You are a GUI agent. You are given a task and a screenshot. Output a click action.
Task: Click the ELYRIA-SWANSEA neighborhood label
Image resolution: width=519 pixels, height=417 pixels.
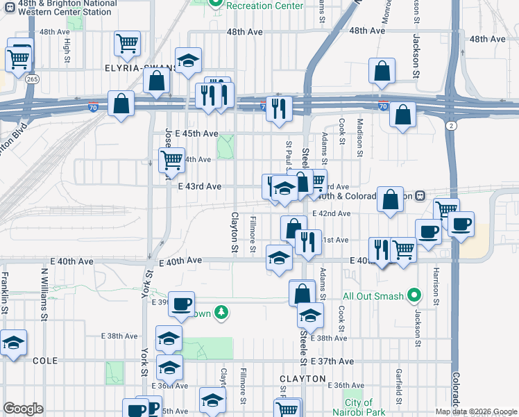click(139, 69)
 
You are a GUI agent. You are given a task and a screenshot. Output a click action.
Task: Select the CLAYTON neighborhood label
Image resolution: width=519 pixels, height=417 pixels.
click(303, 379)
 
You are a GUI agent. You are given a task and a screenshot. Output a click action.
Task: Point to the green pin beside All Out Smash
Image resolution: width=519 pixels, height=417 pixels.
click(415, 295)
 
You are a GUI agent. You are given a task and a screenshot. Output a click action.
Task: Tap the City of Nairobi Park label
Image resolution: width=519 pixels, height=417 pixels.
click(359, 407)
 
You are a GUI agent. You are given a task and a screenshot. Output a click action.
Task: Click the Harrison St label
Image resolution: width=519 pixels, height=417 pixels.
click(436, 285)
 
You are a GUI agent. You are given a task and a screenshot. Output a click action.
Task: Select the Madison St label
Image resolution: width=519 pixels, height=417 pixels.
click(360, 132)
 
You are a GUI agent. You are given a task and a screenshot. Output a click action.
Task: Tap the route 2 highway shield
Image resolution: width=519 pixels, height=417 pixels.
click(452, 125)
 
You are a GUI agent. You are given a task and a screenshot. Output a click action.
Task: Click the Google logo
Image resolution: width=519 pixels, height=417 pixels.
click(24, 409)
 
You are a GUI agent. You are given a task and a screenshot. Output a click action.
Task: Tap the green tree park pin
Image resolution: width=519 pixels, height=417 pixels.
click(221, 312)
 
